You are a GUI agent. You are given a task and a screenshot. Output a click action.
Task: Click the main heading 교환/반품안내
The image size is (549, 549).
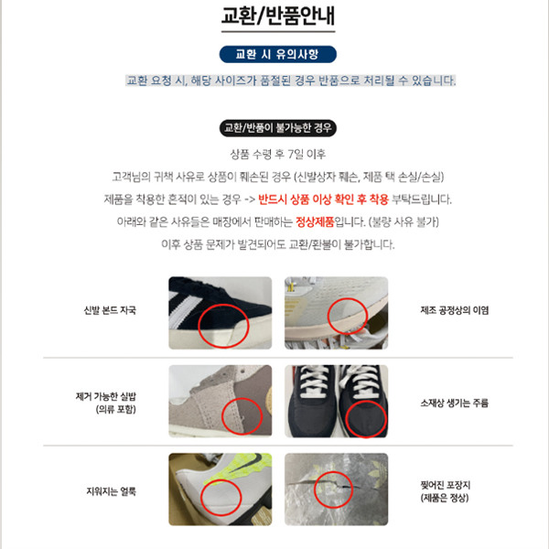278,16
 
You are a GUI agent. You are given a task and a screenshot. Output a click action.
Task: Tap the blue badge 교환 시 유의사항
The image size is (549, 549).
278,54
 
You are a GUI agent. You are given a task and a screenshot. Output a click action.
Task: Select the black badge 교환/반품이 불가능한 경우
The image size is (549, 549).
278,128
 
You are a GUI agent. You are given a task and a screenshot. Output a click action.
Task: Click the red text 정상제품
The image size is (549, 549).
315,222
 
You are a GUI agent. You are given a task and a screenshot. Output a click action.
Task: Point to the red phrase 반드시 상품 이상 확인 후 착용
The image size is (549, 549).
324,199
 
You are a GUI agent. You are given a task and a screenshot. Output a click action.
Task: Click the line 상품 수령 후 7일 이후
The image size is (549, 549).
278,154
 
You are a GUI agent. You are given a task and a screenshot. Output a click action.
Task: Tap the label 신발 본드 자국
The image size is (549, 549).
110,310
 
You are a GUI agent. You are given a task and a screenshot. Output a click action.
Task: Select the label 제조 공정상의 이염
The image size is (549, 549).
455,310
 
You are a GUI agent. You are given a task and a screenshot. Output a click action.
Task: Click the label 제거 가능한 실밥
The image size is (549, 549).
106,397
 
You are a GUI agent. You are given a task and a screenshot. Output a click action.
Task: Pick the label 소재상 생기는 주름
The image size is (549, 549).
455,403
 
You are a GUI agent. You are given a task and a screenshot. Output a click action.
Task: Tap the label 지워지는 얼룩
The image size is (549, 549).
111,491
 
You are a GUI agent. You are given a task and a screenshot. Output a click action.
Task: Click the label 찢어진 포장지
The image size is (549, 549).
446,485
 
